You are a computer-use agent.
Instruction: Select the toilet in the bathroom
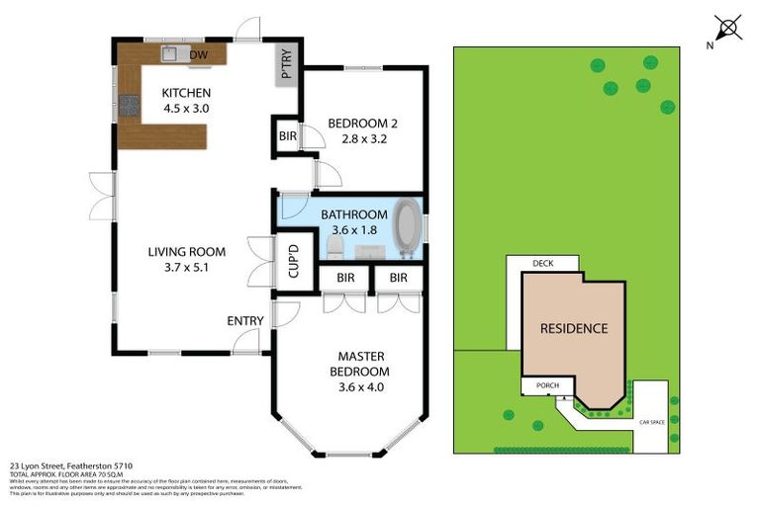[x=333, y=243]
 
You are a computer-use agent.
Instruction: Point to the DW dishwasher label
[x=198, y=54]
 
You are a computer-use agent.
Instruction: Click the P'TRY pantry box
[x=287, y=66]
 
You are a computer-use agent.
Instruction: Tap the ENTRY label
[x=245, y=320]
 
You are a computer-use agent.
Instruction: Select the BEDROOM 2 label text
[x=362, y=123]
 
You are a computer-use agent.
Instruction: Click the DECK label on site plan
[x=542, y=264]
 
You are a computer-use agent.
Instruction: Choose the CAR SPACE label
[x=651, y=422]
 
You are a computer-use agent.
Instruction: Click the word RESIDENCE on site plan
[x=573, y=328]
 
